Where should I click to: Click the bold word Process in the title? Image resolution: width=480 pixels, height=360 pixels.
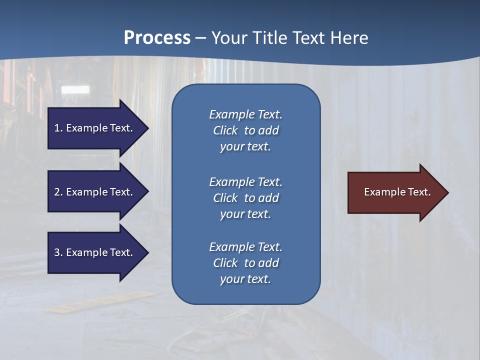[x=157, y=38]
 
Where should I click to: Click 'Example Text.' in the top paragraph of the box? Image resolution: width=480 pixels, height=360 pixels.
[x=245, y=114]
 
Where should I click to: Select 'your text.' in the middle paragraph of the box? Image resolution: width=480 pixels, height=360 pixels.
[x=245, y=214]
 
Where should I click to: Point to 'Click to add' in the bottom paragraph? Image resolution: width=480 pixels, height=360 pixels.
[x=245, y=263]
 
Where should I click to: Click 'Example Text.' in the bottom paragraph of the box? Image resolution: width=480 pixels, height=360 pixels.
[x=245, y=247]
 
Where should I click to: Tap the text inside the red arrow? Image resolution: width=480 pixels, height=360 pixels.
[x=397, y=192]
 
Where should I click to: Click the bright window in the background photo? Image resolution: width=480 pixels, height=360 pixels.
[x=75, y=90]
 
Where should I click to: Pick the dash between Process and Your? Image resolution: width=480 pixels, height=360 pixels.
[x=200, y=38]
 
